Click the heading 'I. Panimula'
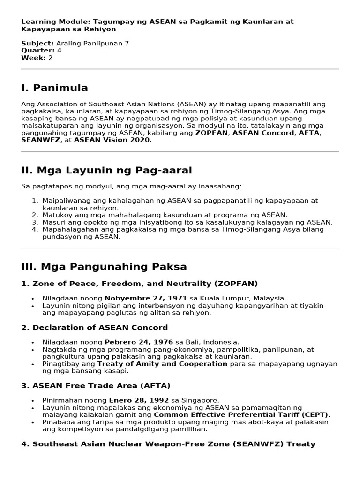[54, 88]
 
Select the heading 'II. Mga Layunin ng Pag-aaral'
[106, 170]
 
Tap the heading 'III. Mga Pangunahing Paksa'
[104, 267]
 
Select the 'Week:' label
[33, 58]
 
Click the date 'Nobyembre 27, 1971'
[146, 298]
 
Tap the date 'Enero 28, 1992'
[134, 400]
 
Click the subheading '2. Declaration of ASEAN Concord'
[94, 327]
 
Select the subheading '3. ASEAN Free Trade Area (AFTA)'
[96, 385]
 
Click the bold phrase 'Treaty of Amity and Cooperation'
[162, 364]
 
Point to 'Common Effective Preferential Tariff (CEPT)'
[241, 415]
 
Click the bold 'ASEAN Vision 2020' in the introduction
[112, 140]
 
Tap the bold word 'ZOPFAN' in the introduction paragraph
[211, 133]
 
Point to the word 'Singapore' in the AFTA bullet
[202, 400]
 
